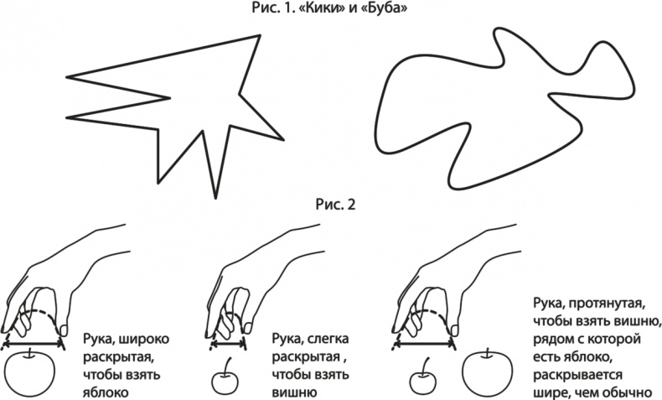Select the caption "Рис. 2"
coord(336,205)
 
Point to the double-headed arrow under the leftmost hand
coord(33,345)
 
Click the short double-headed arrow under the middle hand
coord(228,344)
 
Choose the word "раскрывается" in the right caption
coord(577,375)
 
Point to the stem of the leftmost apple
coord(30,354)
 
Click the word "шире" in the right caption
coord(550,392)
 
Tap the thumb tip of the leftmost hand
coord(65,329)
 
